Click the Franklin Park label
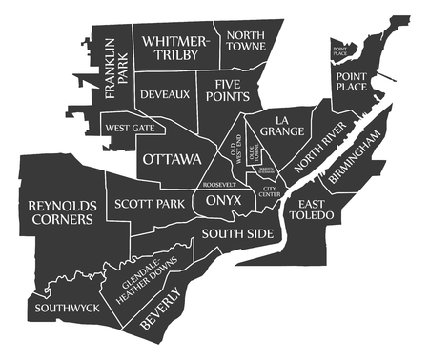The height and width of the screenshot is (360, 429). click(x=117, y=70)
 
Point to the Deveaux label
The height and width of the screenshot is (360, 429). click(x=165, y=94)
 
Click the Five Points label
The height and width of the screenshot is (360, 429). click(x=231, y=90)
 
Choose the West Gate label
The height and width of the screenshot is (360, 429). click(x=130, y=128)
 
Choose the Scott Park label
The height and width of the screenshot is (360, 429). click(x=149, y=204)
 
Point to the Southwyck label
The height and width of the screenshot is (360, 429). click(x=66, y=309)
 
